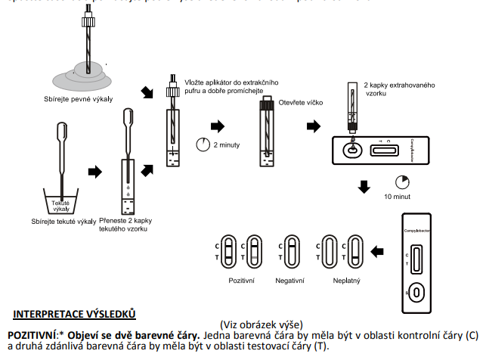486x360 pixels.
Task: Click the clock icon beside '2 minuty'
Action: pyautogui.click(x=203, y=144)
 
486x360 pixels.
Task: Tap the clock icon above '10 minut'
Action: pyautogui.click(x=401, y=182)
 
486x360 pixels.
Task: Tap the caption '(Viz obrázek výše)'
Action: pyautogui.click(x=260, y=324)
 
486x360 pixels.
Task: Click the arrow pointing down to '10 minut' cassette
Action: pyautogui.click(x=365, y=186)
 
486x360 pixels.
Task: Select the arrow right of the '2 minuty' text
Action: pyautogui.click(x=217, y=125)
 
